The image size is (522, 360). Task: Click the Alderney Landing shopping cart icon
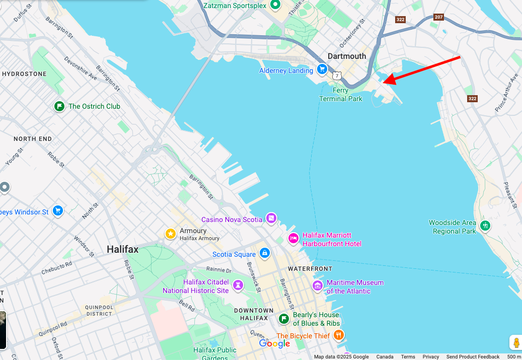[322, 69]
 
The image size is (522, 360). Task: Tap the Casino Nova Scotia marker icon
[271, 218]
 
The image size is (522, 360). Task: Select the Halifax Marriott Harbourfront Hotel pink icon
[293, 238]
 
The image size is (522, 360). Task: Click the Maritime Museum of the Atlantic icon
[318, 286]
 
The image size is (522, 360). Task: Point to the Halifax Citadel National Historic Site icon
[238, 285]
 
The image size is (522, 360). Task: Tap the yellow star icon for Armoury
[171, 234]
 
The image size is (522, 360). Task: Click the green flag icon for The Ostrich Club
[59, 106]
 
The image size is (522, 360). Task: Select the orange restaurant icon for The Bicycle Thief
[339, 335]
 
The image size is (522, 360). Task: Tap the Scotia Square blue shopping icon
[264, 253]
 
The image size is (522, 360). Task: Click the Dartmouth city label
[347, 56]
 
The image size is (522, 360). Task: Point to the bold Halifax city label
[122, 249]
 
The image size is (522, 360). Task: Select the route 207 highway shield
[439, 17]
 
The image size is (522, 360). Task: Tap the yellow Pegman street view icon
[515, 343]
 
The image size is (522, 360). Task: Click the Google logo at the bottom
[274, 343]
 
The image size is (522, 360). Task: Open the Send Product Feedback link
[473, 356]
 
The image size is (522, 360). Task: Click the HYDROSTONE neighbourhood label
[24, 74]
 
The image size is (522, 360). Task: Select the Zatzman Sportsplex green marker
[275, 5]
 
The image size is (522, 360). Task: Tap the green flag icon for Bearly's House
[283, 318]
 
